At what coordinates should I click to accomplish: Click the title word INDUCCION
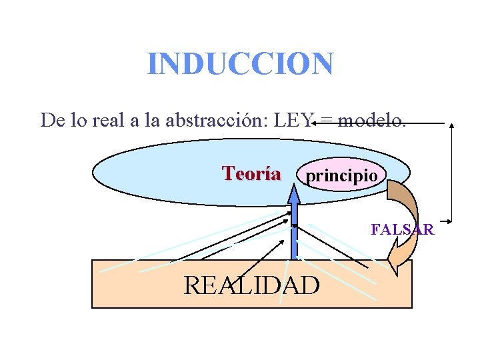click(x=240, y=64)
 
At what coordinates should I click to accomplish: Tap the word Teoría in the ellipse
click(x=251, y=174)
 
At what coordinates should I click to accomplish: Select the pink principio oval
click(x=341, y=175)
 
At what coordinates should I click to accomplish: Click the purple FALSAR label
click(x=402, y=230)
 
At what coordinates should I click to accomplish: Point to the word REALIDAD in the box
click(x=251, y=285)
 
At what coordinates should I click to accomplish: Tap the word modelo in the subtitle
click(x=371, y=120)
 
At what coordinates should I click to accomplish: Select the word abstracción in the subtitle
click(x=214, y=120)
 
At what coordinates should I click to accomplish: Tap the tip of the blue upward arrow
click(x=293, y=189)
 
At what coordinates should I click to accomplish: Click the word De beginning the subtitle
click(x=51, y=120)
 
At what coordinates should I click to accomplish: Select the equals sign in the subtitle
click(x=327, y=121)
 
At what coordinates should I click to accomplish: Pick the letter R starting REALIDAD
click(x=193, y=285)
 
